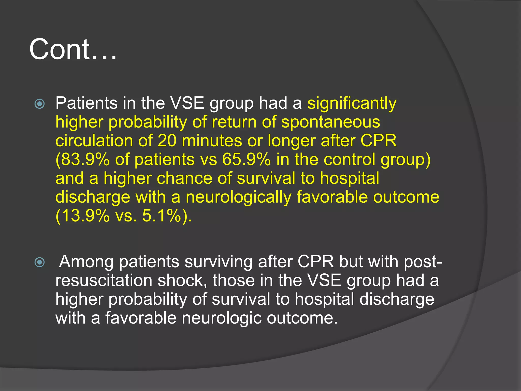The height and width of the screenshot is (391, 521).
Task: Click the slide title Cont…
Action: [73, 49]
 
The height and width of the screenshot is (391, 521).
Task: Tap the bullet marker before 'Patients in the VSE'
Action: [40, 104]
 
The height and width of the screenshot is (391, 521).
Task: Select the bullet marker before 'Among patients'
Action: [40, 262]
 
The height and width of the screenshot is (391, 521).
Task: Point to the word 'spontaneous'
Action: [331, 122]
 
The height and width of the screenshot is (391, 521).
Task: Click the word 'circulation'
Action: [94, 141]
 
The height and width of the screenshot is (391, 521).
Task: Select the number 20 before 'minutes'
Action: [167, 141]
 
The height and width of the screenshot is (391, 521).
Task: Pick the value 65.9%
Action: [246, 160]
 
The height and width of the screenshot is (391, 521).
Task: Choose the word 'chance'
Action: [184, 178]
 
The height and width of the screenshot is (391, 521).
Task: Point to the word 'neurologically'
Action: [238, 197]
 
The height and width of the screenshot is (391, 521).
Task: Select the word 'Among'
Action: [86, 262]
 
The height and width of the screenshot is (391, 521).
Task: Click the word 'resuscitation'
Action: [104, 281]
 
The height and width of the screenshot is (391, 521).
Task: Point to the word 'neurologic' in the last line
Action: [222, 318]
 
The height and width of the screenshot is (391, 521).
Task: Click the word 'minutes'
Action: [212, 141]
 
